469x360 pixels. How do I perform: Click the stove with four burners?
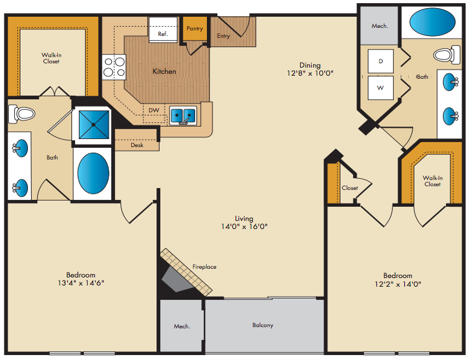[114, 67]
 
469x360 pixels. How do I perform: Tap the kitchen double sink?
[183, 115]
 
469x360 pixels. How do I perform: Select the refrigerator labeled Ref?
[163, 30]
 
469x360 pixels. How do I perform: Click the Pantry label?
[194, 29]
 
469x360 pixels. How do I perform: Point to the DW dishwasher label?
[153, 110]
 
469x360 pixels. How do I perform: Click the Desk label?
[137, 145]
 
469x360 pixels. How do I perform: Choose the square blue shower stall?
[94, 125]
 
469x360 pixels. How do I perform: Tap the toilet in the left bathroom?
[22, 114]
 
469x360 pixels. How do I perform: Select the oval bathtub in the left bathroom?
[93, 173]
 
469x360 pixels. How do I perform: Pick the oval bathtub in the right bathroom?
[432, 22]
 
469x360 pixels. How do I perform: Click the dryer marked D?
[380, 61]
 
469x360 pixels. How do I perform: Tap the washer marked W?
[380, 88]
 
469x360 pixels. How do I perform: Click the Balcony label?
[263, 325]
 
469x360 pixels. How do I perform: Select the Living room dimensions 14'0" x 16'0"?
[244, 227]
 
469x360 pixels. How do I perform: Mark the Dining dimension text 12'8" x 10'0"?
[310, 73]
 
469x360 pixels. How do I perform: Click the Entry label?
[224, 36]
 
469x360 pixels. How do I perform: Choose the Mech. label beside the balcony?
[182, 326]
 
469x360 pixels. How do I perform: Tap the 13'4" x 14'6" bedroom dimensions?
[81, 282]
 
